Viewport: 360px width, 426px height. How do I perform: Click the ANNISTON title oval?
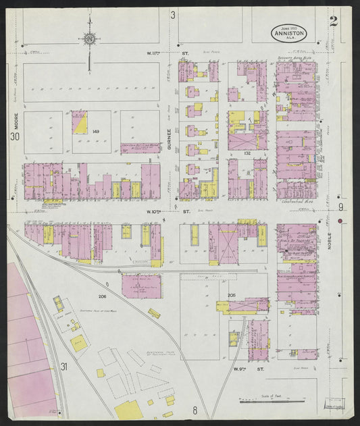pyautogui.click(x=289, y=32)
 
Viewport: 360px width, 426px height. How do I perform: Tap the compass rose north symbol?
pyautogui.click(x=89, y=39)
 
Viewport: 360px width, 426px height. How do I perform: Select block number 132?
pyautogui.click(x=247, y=154)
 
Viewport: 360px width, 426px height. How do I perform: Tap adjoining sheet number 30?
pyautogui.click(x=15, y=137)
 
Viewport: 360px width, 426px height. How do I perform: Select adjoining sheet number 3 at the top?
pyautogui.click(x=173, y=15)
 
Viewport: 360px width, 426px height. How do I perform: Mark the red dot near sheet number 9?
pyautogui.click(x=340, y=221)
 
